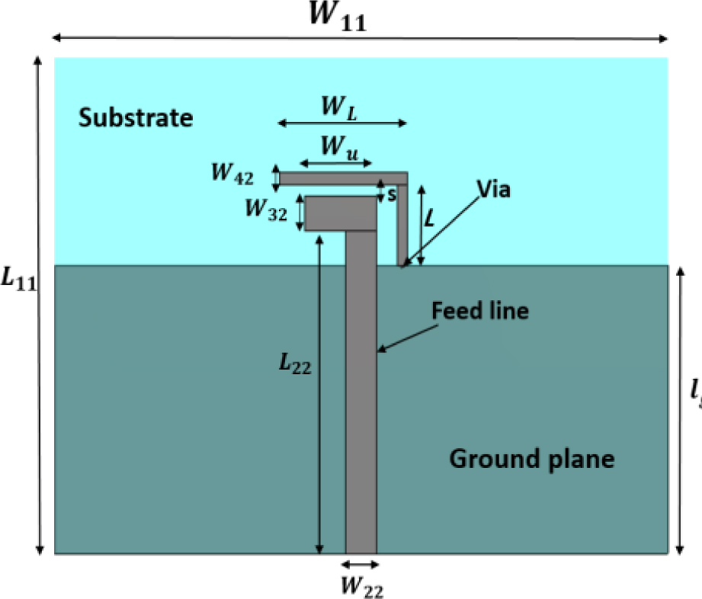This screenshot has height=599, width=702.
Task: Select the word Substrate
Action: (136, 118)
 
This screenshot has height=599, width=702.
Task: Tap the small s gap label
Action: (392, 196)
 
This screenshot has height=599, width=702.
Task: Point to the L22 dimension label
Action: (293, 364)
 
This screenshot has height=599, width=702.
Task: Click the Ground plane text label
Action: (531, 459)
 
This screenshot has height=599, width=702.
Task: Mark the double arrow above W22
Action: (360, 564)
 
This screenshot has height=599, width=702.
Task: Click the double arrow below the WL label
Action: (342, 123)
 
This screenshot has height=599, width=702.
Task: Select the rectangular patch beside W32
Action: (341, 213)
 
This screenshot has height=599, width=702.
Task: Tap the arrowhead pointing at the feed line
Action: (382, 350)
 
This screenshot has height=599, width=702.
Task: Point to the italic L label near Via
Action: (431, 220)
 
